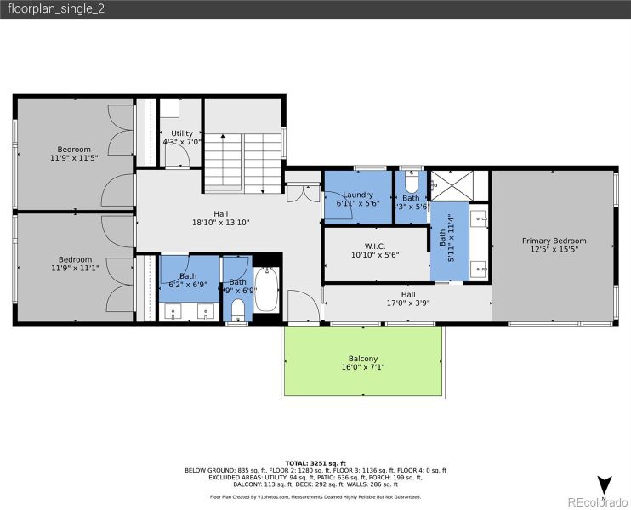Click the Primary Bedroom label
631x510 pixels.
click(554, 241)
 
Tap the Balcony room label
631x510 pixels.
click(362, 359)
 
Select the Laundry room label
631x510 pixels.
click(358, 195)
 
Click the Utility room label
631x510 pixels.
click(182, 133)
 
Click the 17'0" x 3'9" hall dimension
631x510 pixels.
click(407, 302)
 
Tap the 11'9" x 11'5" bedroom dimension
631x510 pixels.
click(74, 158)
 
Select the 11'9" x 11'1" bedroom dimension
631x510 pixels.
click(74, 269)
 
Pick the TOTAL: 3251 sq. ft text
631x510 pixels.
click(315, 462)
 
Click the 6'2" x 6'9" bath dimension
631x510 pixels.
click(188, 286)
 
